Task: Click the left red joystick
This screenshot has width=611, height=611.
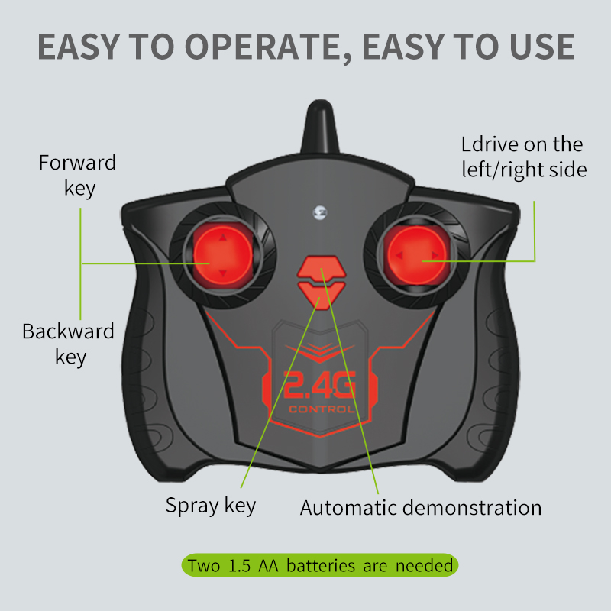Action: point(223,256)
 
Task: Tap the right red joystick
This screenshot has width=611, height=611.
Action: point(416,255)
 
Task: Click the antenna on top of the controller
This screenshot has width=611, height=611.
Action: point(320,127)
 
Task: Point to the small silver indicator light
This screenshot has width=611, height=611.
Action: point(320,213)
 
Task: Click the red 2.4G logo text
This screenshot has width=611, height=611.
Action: point(319,385)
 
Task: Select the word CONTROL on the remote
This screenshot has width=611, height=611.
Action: point(322,409)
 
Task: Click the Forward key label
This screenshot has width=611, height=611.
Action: point(78,176)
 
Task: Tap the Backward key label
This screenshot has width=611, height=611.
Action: point(69,344)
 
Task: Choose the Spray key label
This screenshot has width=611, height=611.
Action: point(211,506)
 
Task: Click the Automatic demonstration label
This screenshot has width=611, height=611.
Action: point(421,508)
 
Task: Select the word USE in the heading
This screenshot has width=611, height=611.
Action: point(542,47)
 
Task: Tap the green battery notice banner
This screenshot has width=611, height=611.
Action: point(320,565)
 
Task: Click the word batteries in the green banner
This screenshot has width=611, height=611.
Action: point(321,565)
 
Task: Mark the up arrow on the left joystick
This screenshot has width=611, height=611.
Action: point(222,238)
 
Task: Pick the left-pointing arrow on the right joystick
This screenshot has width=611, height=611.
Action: point(399,256)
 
